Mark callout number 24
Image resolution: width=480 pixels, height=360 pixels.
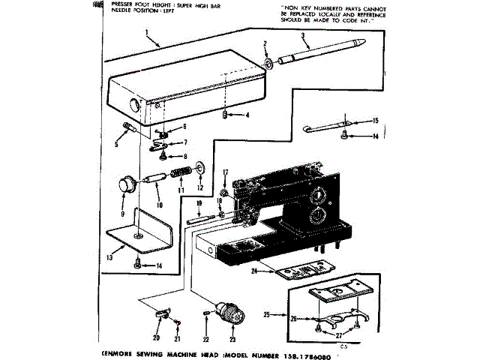256,271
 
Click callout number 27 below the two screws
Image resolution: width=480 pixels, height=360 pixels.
339,335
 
